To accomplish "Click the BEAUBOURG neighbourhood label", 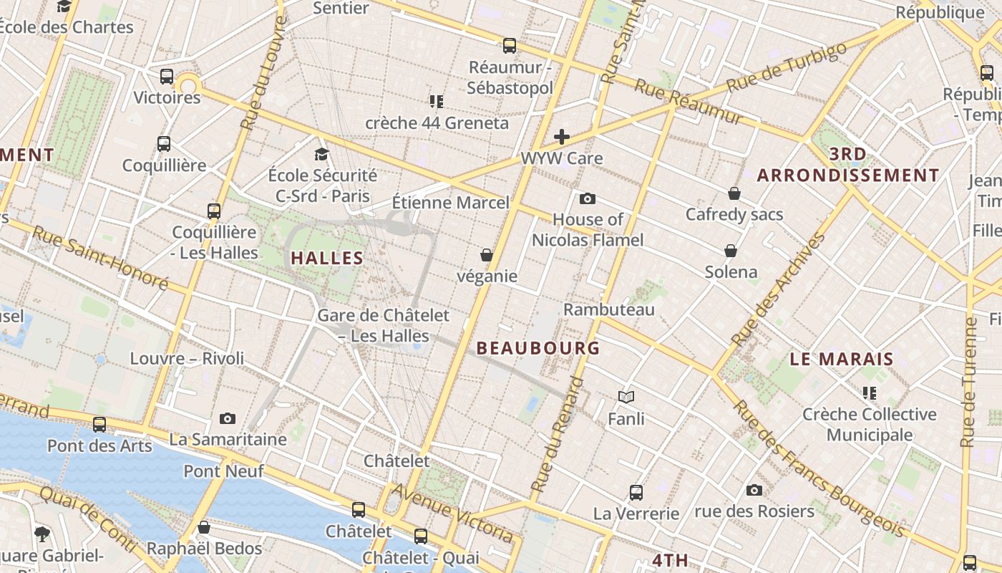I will [x=538, y=348].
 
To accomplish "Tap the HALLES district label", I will [x=326, y=258].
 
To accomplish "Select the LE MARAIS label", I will [x=842, y=359].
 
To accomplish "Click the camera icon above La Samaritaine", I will [x=228, y=418].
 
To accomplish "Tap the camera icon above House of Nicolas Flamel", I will [x=588, y=198].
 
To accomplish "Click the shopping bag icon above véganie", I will [x=487, y=255].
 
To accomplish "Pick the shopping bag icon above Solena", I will [x=731, y=251].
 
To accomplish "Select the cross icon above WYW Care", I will [x=562, y=136].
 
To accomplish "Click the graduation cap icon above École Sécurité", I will [x=321, y=154].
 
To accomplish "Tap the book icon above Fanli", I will [x=626, y=397].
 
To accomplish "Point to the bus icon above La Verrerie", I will [x=636, y=492].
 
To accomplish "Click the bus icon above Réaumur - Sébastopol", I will [x=510, y=46].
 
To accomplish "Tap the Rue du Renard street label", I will [x=559, y=433].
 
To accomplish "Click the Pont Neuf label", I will [x=223, y=471].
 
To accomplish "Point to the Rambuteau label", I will [x=609, y=309].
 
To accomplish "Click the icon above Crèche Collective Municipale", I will [x=870, y=393].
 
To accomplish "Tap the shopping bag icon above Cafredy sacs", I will [x=734, y=193].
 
